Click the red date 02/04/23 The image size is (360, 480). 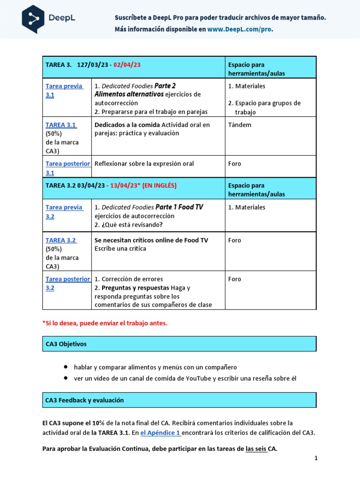point(127,65)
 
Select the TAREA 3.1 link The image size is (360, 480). point(61,125)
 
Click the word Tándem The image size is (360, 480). point(240,125)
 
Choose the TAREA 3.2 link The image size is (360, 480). point(61,240)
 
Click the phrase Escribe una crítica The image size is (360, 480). point(120,248)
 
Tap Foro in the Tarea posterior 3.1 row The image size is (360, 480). point(234,164)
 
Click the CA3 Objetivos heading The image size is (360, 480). point(66,344)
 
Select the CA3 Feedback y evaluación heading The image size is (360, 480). point(84,400)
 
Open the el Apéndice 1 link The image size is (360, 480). point(160,433)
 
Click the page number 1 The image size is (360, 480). point(316,458)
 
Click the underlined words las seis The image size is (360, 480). point(256,449)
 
